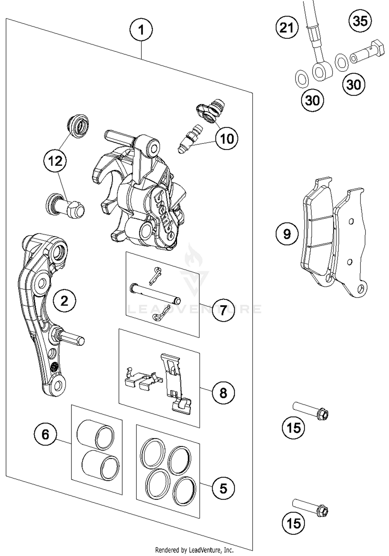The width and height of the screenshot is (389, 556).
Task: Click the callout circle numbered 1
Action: [141, 30]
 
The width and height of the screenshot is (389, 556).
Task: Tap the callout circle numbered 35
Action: [360, 21]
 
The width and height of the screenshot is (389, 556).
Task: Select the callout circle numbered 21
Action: [287, 27]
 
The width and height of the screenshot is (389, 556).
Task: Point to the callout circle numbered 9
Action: [287, 234]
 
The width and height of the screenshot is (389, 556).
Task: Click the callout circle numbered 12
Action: [55, 161]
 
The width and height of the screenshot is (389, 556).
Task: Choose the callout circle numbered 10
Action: [227, 139]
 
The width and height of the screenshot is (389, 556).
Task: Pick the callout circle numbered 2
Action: [64, 301]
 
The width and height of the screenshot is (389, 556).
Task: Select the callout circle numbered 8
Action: [223, 393]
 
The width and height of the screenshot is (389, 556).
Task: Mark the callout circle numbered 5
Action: [223, 489]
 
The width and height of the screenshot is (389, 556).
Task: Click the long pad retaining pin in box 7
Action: [155, 293]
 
